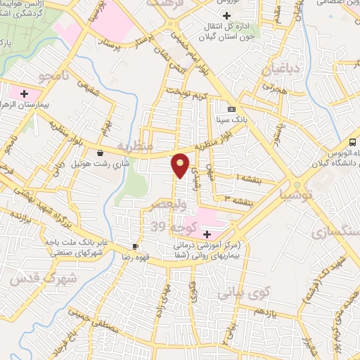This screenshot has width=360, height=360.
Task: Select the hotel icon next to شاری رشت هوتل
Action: tap(100, 153)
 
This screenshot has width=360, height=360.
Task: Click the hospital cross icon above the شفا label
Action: tap(207, 233)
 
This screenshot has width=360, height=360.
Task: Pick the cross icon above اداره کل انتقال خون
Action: tap(226, 15)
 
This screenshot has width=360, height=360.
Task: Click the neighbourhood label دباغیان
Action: tap(282, 70)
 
